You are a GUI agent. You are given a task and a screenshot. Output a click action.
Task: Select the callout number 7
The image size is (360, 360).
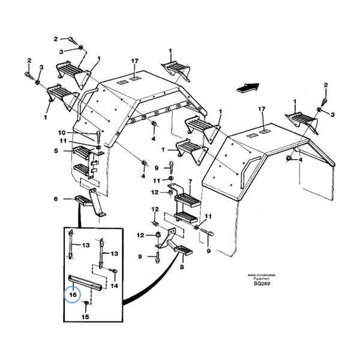tap(190, 181)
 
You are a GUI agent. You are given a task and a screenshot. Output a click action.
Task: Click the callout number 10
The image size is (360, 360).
tap(62, 133)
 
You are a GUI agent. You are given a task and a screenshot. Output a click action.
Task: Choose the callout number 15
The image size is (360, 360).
tap(85, 316)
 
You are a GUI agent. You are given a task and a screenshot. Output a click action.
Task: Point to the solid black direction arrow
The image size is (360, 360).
tap(247, 86)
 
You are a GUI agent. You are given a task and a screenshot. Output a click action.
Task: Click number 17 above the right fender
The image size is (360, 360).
tap(261, 109)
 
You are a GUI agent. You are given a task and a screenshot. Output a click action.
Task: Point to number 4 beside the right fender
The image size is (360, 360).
tap(301, 160)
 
